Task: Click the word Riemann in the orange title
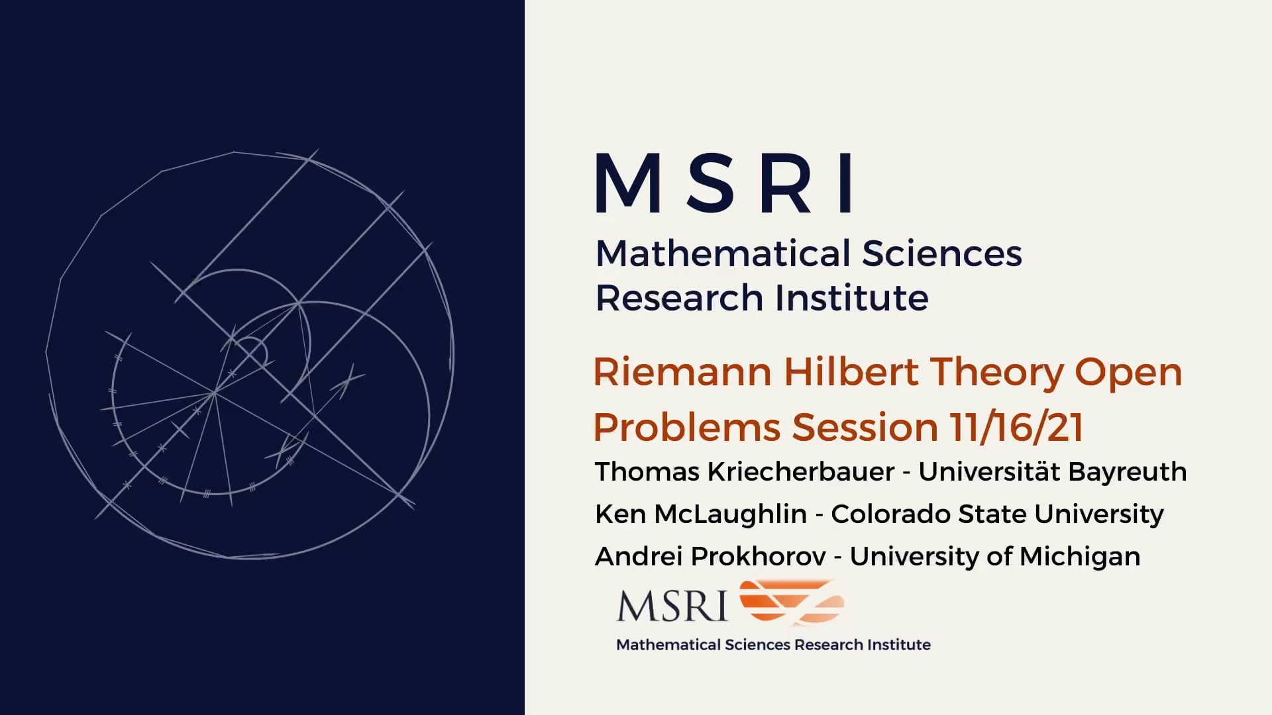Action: pyautogui.click(x=682, y=372)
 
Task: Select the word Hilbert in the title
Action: pyautogui.click(x=851, y=372)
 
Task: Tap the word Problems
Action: pyautogui.click(x=687, y=427)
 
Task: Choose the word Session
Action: pyautogui.click(x=865, y=427)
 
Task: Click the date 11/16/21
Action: pyautogui.click(x=1017, y=427)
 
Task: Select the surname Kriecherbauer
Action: pyautogui.click(x=801, y=472)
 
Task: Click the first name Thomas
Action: pyautogui.click(x=647, y=472)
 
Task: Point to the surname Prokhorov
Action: pyautogui.click(x=758, y=557)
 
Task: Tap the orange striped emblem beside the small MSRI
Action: pyautogui.click(x=792, y=602)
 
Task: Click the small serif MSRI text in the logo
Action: pyautogui.click(x=672, y=605)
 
